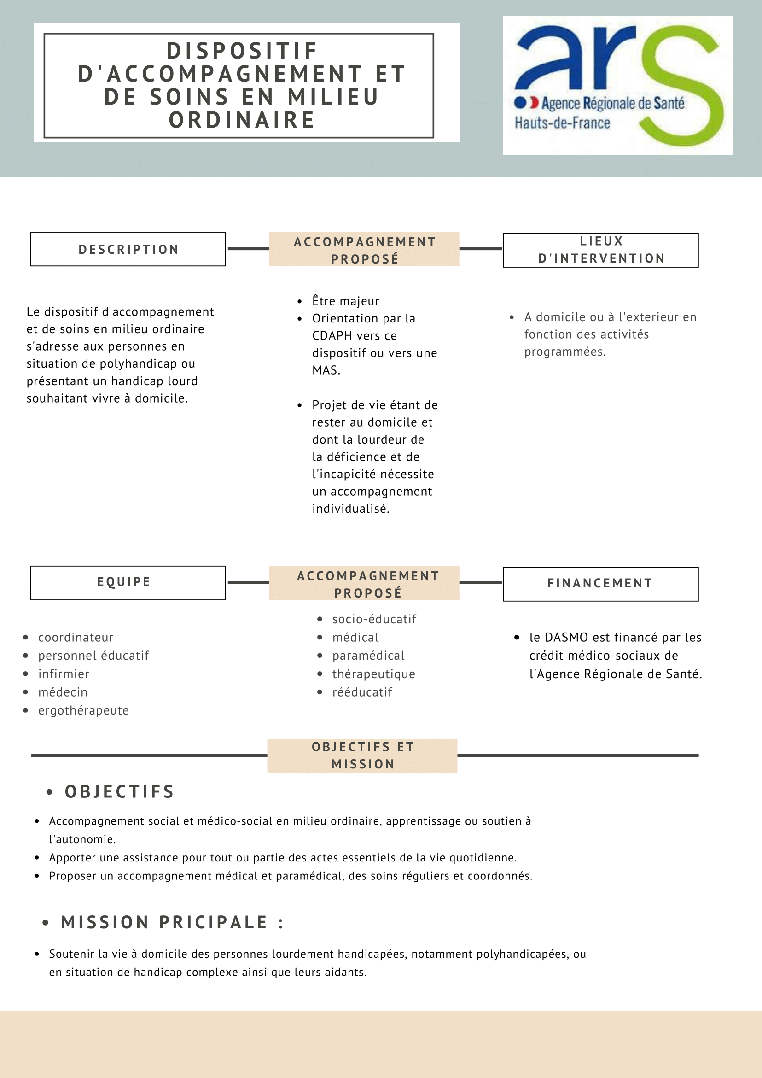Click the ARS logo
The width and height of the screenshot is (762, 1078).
pyautogui.click(x=617, y=85)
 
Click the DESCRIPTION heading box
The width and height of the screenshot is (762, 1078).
pyautogui.click(x=128, y=249)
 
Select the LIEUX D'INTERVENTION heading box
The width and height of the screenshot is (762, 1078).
pyautogui.click(x=600, y=250)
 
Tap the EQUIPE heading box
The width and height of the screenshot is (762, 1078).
pyautogui.click(x=128, y=583)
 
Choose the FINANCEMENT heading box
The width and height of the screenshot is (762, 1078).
pyautogui.click(x=600, y=584)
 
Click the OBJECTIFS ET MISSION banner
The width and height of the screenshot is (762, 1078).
pyautogui.click(x=362, y=756)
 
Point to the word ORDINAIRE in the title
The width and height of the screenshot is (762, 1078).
pyautogui.click(x=242, y=120)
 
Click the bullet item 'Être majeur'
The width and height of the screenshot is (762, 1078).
pyautogui.click(x=345, y=301)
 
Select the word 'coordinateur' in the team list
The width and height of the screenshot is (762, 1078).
pyautogui.click(x=76, y=637)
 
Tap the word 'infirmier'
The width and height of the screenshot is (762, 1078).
pyautogui.click(x=64, y=674)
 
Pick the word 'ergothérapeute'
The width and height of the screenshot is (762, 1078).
pyautogui.click(x=83, y=710)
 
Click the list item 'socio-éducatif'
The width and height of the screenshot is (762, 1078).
pyautogui.click(x=374, y=619)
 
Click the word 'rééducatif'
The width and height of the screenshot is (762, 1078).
pyautogui.click(x=362, y=692)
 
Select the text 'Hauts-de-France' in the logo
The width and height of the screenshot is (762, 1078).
pyautogui.click(x=562, y=123)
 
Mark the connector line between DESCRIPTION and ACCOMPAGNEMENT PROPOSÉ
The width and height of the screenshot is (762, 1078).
pyautogui.click(x=248, y=249)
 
